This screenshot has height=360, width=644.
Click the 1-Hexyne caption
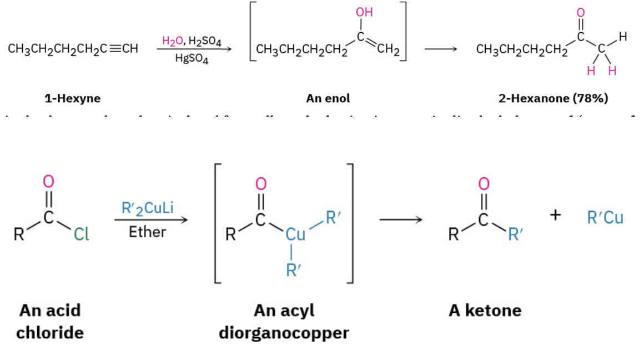[72, 99]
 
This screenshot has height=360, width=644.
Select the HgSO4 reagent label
[192, 60]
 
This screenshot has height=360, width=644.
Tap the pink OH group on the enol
[364, 12]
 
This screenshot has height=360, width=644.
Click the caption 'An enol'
[328, 99]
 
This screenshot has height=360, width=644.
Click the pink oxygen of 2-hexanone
[581, 13]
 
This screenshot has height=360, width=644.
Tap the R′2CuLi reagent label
[147, 208]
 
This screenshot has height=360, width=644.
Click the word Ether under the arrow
[147, 232]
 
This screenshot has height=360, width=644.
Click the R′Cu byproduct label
[605, 217]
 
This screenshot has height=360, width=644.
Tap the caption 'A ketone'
[485, 310]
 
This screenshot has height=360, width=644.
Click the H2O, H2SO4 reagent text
[192, 41]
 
